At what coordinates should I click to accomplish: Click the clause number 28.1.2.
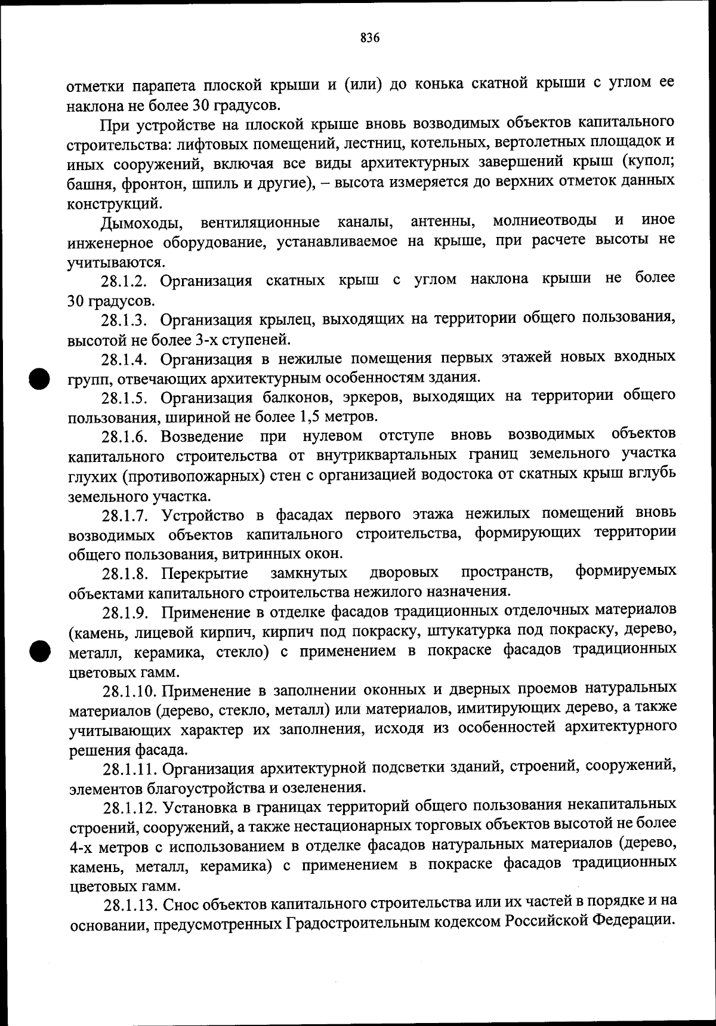pyautogui.click(x=128, y=281)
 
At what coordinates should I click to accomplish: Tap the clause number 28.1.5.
pyautogui.click(x=129, y=398)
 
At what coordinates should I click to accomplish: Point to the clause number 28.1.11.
pyautogui.click(x=134, y=769)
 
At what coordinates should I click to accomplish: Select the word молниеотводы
pyautogui.click(x=544, y=221)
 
